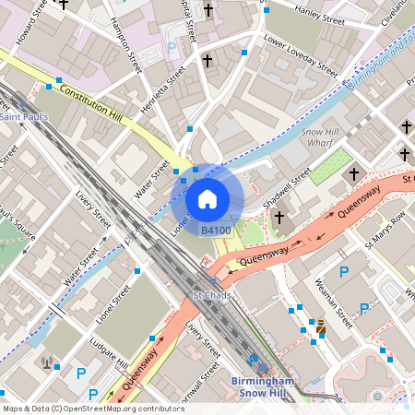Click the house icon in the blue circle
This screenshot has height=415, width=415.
(x=207, y=198)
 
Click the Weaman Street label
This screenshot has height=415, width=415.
(x=333, y=303)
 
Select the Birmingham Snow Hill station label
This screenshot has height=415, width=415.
(x=262, y=387)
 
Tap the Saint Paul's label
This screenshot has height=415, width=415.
(x=25, y=117)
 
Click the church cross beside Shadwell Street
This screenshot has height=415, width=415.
(x=279, y=218)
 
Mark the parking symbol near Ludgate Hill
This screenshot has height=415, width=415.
(x=81, y=373)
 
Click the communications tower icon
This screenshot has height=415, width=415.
(x=47, y=362)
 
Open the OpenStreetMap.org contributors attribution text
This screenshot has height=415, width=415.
(x=92, y=408)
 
